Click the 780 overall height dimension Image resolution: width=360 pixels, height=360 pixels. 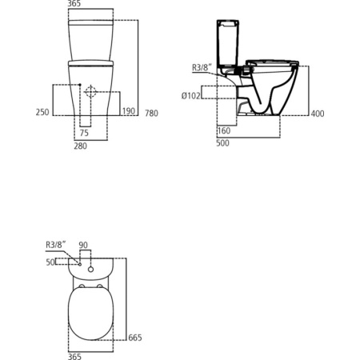point(151,114)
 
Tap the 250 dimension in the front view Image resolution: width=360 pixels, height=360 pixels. point(42,112)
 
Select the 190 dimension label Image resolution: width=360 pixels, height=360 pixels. point(129,111)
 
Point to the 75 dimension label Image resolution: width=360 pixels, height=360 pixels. point(84,133)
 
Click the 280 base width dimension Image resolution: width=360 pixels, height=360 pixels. point(81,146)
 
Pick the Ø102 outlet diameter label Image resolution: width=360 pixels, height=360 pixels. point(190,95)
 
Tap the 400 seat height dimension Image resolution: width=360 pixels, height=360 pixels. point(318,114)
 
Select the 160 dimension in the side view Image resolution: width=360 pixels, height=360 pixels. point(224,130)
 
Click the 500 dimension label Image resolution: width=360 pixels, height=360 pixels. point(222,143)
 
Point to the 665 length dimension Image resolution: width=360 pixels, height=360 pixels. point(135,338)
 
